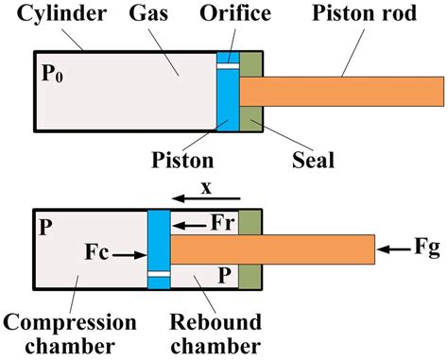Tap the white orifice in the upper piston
[227, 65]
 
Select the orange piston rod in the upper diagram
[340, 92]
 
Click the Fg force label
[426, 249]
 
